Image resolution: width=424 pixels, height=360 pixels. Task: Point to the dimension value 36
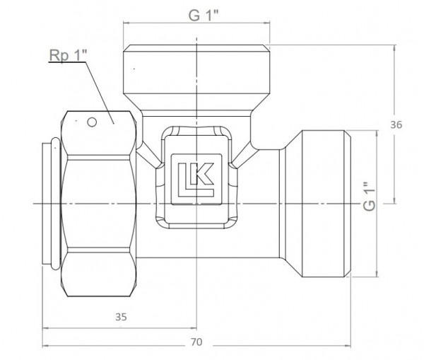click(x=396, y=125)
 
